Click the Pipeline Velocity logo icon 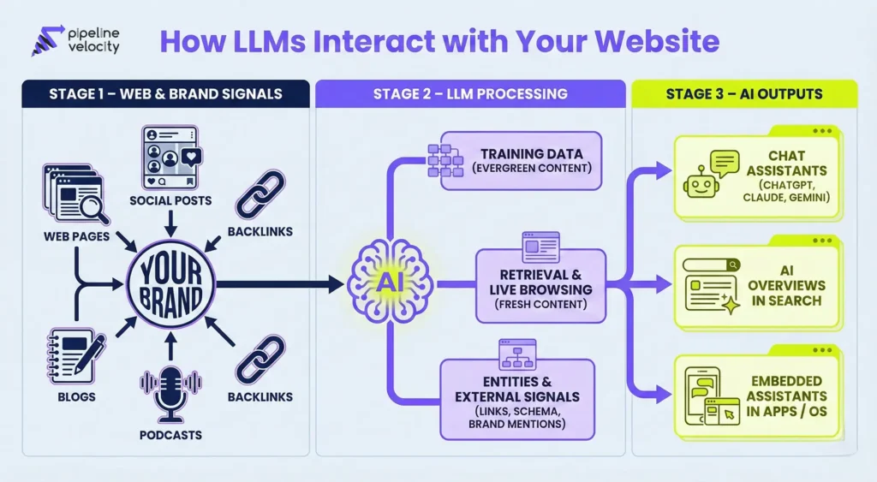tap(44, 42)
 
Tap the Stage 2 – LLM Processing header tap(470, 93)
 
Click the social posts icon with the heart tap(170, 158)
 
